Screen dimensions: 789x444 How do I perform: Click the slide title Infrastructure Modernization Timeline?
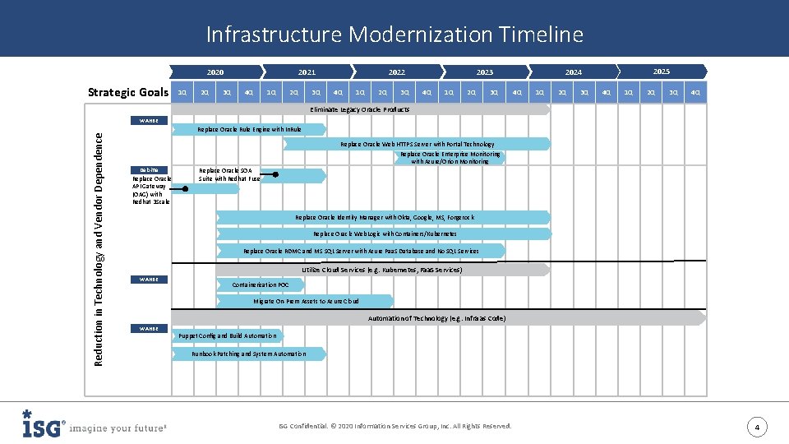(394, 35)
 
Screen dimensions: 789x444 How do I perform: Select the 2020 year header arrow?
(215, 72)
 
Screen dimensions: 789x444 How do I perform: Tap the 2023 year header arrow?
(485, 72)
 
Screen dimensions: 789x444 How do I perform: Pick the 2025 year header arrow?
(662, 72)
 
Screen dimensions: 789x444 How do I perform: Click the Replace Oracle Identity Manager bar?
(384, 217)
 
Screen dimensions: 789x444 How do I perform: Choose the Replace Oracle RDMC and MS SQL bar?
(361, 251)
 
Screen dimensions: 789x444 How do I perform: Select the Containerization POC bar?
(261, 284)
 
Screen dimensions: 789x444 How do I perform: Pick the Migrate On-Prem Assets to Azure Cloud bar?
(306, 301)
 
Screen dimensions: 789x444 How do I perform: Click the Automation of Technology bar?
(436, 317)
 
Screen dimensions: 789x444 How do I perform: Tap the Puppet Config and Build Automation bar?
(228, 335)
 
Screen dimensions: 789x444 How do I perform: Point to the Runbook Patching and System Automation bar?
(248, 354)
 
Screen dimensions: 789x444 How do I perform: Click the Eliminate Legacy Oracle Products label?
(359, 109)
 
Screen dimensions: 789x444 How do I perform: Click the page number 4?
(758, 427)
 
